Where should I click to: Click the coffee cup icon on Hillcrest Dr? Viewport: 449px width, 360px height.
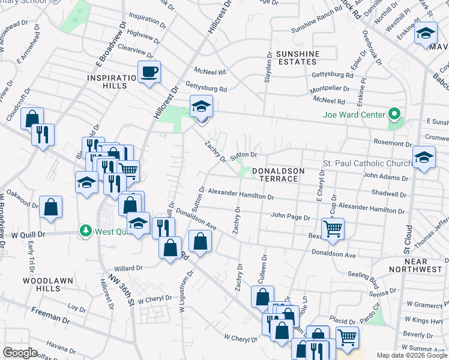tap(149, 73)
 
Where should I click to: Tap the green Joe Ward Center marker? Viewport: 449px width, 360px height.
tap(394, 113)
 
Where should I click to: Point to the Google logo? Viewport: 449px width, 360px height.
tap(20, 353)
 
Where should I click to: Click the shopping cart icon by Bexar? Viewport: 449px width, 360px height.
tap(333, 229)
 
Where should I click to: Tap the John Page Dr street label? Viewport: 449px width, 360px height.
tap(290, 217)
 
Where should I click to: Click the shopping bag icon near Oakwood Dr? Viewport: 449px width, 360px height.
tap(51, 208)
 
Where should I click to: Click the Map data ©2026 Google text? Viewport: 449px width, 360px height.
tap(412, 355)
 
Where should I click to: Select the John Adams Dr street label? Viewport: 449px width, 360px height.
tap(385, 178)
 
